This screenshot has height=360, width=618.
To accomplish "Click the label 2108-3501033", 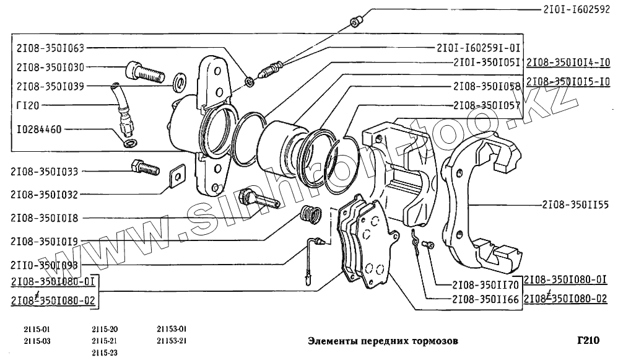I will point(52,171).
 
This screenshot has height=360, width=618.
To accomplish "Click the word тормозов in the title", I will point(435,341).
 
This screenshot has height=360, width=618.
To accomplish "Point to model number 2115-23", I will point(104,352).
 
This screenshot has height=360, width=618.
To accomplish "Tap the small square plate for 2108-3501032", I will point(178,176).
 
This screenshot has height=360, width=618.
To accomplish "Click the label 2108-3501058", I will point(486,86).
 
